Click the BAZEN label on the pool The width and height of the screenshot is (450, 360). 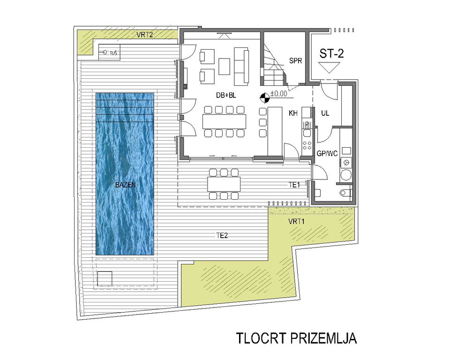pyautogui.click(x=125, y=185)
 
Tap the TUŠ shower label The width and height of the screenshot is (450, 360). pyautogui.click(x=113, y=52)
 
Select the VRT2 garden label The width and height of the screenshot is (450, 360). pyautogui.click(x=145, y=35)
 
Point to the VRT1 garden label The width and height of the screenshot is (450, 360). pyautogui.click(x=296, y=221)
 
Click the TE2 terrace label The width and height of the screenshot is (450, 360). pyautogui.click(x=222, y=236)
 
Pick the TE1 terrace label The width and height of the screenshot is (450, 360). pyautogui.click(x=294, y=185)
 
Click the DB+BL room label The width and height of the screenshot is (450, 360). pyautogui.click(x=226, y=96)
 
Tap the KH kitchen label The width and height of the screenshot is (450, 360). pyautogui.click(x=293, y=113)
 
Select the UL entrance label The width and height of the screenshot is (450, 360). pyautogui.click(x=325, y=113)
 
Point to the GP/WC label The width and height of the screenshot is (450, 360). pyautogui.click(x=327, y=154)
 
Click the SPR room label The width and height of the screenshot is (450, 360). pyautogui.click(x=296, y=61)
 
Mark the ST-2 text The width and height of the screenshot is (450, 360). pyautogui.click(x=332, y=54)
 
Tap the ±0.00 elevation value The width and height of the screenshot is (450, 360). pyautogui.click(x=278, y=94)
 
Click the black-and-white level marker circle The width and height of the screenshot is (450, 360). pyautogui.click(x=264, y=98)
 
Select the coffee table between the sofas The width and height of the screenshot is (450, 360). pyautogui.click(x=225, y=67)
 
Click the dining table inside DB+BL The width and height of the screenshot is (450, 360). pyautogui.click(x=225, y=121)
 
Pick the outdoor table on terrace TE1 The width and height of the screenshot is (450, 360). pyautogui.click(x=224, y=184)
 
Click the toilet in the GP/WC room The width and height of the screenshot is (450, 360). pyautogui.click(x=345, y=192)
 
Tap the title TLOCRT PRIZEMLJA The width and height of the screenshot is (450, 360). pyautogui.click(x=296, y=338)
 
